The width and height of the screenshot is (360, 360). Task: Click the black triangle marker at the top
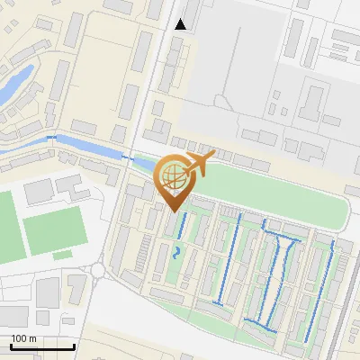click(x=181, y=24)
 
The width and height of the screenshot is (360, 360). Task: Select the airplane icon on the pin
click(x=201, y=163)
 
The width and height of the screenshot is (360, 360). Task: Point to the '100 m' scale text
click(x=25, y=338)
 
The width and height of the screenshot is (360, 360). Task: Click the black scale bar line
click(x=42, y=347)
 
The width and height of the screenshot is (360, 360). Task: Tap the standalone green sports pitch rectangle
click(x=54, y=230)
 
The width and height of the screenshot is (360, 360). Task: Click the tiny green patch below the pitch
click(x=61, y=255)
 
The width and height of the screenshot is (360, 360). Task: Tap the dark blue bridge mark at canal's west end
click(x=51, y=136)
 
